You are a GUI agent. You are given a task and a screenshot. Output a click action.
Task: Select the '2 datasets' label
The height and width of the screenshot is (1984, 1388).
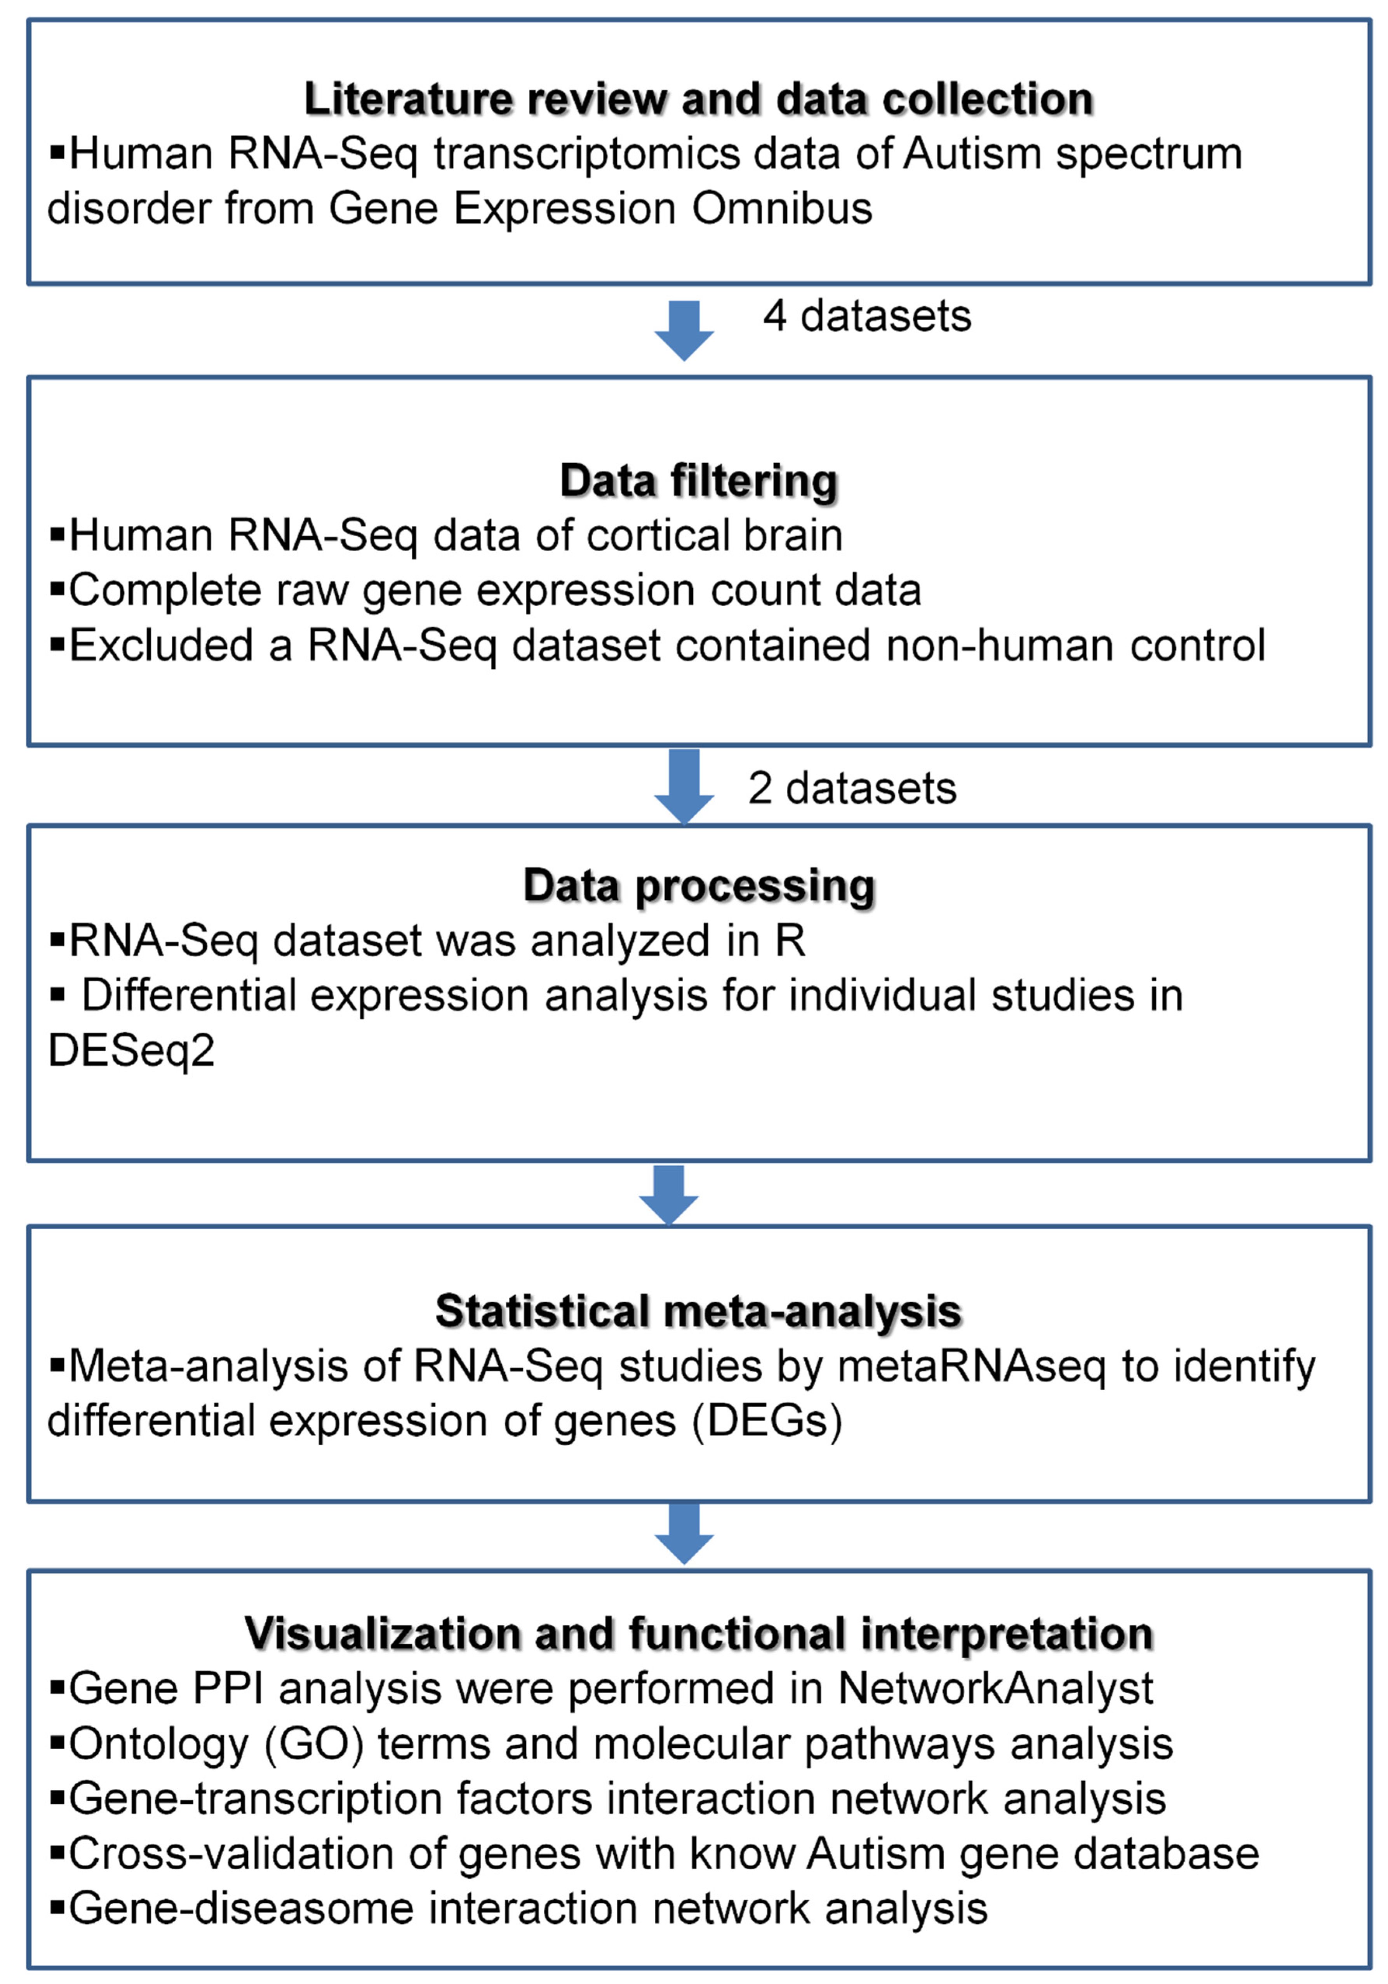(x=852, y=788)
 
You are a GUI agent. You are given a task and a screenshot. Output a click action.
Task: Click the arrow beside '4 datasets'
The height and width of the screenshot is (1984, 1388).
(x=684, y=330)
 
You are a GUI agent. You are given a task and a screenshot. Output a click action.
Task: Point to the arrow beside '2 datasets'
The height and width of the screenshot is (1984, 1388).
(x=684, y=786)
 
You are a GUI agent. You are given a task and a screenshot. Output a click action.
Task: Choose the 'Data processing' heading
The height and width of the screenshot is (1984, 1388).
(x=698, y=886)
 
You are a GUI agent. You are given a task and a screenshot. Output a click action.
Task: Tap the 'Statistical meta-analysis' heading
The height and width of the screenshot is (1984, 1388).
(x=698, y=1311)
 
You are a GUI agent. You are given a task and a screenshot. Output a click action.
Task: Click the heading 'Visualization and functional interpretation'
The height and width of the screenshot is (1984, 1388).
(x=698, y=1633)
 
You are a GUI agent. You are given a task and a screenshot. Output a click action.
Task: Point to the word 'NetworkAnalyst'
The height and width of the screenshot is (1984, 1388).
(x=995, y=1687)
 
